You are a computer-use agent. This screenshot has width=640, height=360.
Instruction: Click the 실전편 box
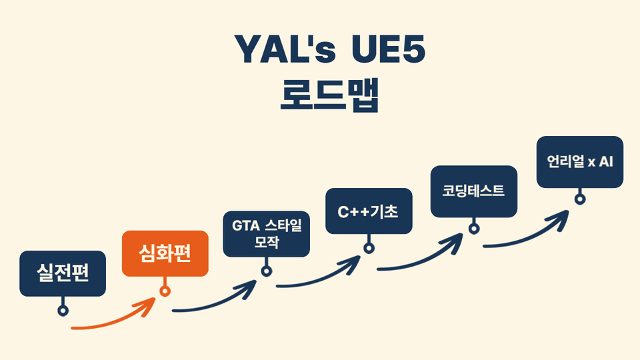click(63, 273)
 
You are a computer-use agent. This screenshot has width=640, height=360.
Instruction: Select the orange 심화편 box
click(165, 253)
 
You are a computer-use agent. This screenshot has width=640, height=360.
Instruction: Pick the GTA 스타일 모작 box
click(267, 233)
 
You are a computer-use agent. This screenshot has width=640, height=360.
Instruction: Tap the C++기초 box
click(368, 211)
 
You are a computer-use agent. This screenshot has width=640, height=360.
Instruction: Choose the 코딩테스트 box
click(473, 191)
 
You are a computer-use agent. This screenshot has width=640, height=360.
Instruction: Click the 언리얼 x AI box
click(580, 162)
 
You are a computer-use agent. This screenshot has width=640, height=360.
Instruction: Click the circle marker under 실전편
click(63, 310)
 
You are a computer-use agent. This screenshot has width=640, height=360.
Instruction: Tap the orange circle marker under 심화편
click(165, 291)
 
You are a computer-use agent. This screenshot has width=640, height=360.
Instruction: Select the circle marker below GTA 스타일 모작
click(267, 271)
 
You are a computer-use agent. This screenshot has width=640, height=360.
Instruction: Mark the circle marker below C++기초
click(369, 248)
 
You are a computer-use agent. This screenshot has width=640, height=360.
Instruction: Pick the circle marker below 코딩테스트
click(474, 228)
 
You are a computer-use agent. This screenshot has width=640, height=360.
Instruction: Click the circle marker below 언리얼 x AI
click(580, 198)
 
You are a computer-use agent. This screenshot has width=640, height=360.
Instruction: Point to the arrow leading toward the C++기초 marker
click(320, 277)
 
